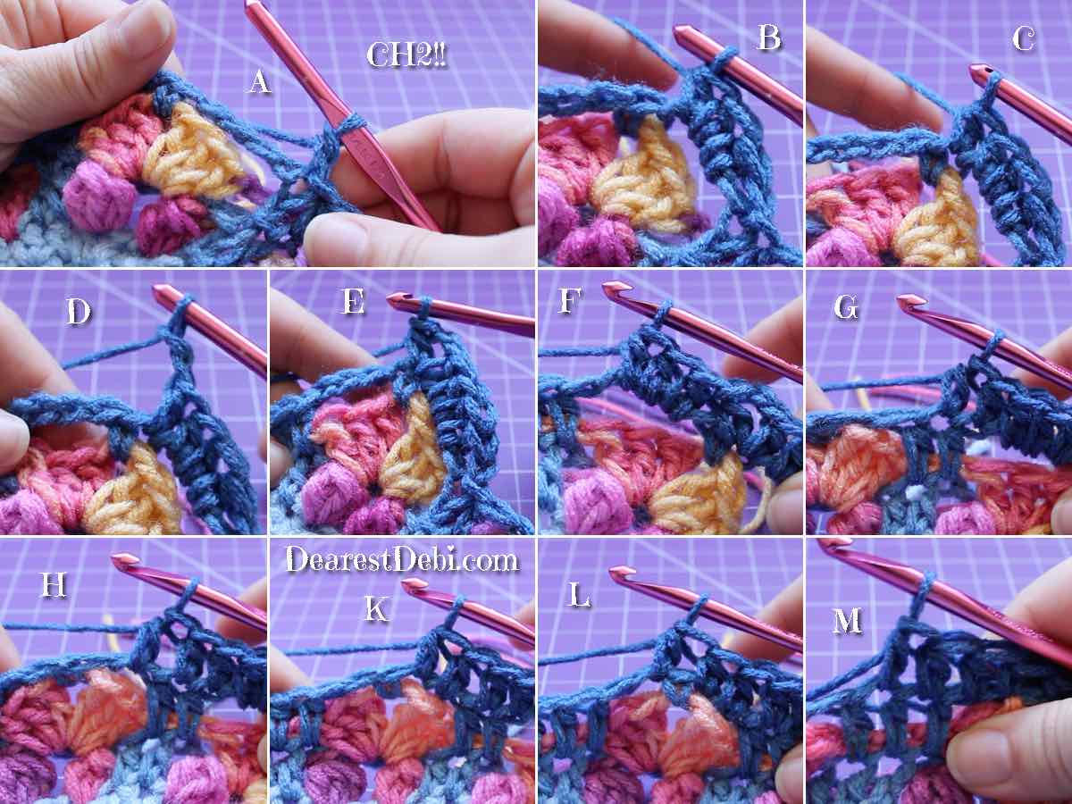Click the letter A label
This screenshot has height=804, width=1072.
(260, 81)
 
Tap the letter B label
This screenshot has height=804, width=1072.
(769, 38)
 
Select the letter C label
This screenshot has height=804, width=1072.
(1023, 38)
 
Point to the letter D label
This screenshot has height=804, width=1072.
(79, 311)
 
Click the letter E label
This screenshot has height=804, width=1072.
(353, 301)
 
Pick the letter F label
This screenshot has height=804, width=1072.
(570, 300)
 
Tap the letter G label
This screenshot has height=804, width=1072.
(846, 307)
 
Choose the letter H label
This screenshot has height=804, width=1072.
(54, 584)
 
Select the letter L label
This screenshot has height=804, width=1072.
(579, 595)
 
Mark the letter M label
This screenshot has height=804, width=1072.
(847, 621)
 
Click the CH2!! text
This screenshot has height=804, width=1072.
(406, 54)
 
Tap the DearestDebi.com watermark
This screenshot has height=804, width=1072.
(401, 559)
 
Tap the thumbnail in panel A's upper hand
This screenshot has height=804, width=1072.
(147, 22)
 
